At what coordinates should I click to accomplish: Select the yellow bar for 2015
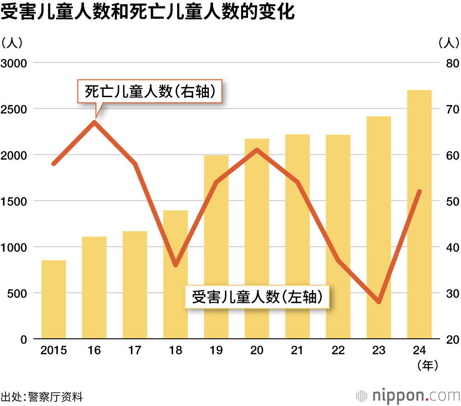pos(53,299)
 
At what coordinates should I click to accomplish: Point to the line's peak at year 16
pos(95,122)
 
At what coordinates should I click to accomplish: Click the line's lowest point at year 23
pos(379,302)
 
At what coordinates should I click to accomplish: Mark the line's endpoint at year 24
pos(420,191)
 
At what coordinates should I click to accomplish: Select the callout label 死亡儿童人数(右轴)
pos(150,92)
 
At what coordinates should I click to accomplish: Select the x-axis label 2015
pos(53,351)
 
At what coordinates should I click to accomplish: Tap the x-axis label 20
pos(257,351)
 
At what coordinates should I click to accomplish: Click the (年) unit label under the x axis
pos(427,366)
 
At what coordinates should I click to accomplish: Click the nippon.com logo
pos(408,395)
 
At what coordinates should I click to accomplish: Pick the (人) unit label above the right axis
pos(449,43)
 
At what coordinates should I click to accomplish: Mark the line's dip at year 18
pos(176,265)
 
